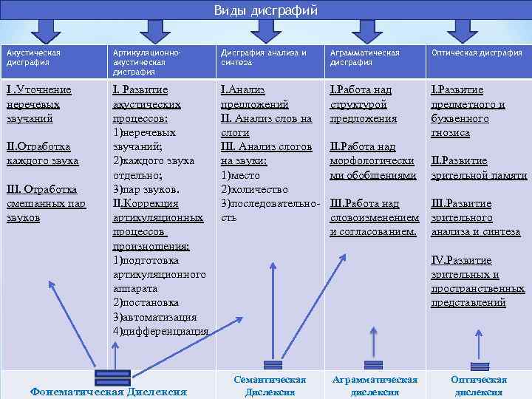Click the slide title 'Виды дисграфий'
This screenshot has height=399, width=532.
point(265,10)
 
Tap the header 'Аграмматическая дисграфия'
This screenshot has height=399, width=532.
point(365,58)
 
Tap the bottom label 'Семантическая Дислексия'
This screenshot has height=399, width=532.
point(270,385)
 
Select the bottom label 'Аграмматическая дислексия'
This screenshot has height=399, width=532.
point(375,385)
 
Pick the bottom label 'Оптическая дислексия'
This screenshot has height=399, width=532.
point(479,385)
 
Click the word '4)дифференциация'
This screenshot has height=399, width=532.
point(160,331)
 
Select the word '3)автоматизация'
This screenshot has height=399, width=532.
point(155,317)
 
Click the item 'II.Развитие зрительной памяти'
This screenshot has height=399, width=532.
point(479,168)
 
